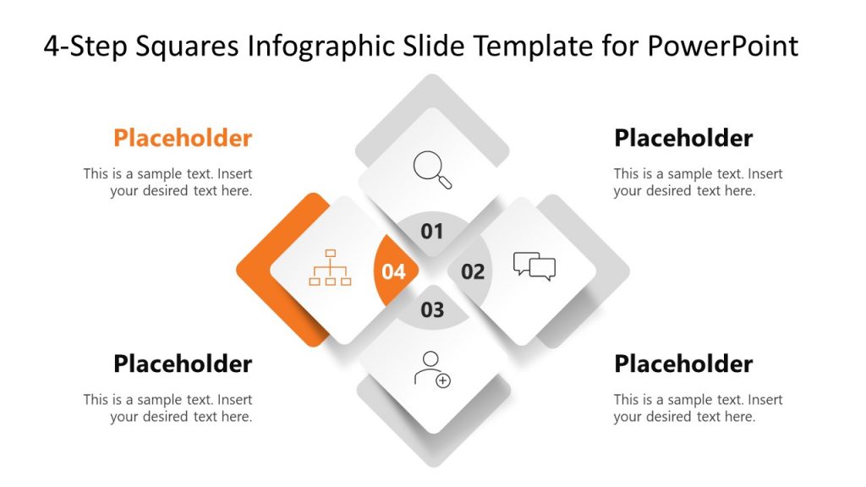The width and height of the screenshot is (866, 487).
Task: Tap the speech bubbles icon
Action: click(x=534, y=266)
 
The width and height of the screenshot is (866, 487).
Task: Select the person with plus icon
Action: click(x=432, y=369)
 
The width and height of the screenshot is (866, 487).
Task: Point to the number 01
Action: click(x=432, y=231)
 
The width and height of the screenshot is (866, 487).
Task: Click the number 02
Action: click(x=473, y=271)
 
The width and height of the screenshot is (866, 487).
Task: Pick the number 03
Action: click(x=432, y=309)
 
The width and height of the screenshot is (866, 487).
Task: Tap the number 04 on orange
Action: click(x=394, y=271)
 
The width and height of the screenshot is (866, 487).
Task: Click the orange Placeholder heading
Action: click(x=183, y=138)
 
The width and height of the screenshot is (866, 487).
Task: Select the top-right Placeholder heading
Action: click(x=683, y=138)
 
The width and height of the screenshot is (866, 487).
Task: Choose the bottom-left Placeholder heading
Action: click(x=183, y=364)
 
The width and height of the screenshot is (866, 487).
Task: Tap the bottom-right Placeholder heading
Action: click(x=683, y=364)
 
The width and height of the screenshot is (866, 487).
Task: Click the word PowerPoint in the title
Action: click(x=723, y=46)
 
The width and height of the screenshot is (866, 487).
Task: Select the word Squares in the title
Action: click(x=185, y=46)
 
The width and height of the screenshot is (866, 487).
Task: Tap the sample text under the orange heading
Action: click(x=168, y=182)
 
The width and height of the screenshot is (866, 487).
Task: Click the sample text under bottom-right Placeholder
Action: click(x=698, y=408)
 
